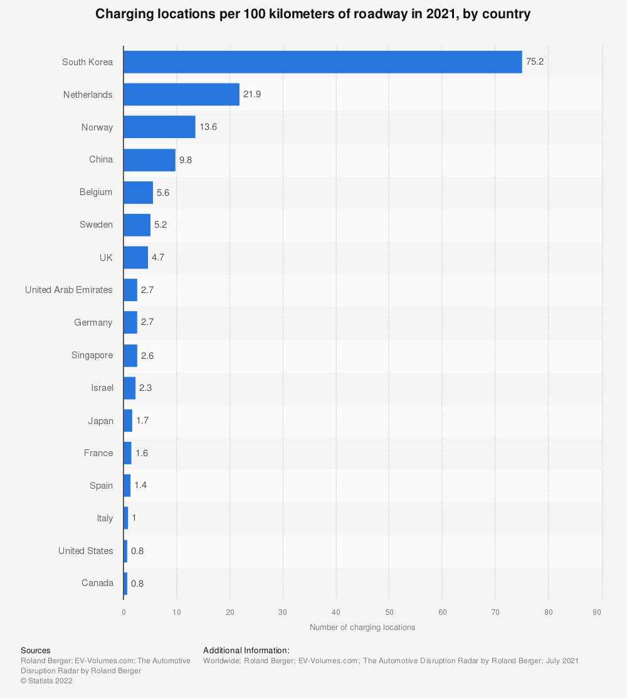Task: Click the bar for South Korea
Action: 322,62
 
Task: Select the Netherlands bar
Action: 181,95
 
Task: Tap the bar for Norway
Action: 159,127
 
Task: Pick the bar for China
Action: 149,160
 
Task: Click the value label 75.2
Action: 535,62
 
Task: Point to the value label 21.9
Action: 252,95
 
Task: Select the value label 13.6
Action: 208,127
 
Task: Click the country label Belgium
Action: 96,192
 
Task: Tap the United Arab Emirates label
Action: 69,290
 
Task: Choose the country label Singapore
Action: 92,355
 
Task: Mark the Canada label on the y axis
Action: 97,583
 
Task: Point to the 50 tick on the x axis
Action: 389,612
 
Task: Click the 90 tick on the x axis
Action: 601,612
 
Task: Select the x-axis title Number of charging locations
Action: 362,627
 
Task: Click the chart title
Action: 313,14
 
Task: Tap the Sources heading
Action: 35,651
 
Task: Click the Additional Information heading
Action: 246,651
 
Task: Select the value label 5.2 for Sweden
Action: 161,225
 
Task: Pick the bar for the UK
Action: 135,257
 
